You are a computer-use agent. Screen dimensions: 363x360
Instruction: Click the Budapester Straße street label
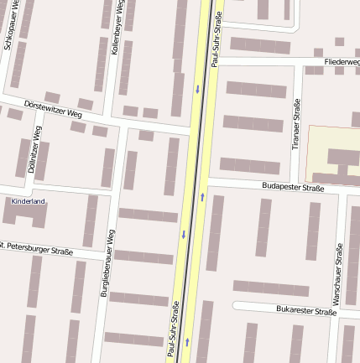pos(292,187)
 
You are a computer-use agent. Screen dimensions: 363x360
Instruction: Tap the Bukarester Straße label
pos(305,310)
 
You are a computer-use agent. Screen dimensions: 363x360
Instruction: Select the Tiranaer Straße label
pos(295,124)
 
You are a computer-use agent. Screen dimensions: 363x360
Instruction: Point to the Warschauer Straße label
pos(337,274)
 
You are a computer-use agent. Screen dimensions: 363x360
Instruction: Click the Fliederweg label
pos(342,62)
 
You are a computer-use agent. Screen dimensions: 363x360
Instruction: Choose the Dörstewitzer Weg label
pos(53,108)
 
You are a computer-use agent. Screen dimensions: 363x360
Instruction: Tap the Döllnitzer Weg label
pos(34,149)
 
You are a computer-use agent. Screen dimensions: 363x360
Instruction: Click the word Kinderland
pos(28,201)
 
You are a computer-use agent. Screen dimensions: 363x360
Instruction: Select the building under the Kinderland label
pos(25,215)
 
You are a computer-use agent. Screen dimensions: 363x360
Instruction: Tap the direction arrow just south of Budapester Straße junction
pos(202,197)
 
